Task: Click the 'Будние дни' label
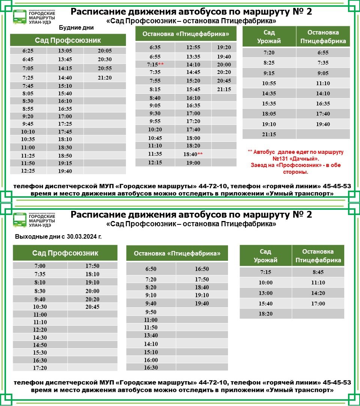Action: (x=76, y=28)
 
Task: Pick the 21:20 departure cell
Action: (x=105, y=78)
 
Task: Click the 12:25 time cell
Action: (x=28, y=171)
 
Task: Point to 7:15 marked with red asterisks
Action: (x=155, y=65)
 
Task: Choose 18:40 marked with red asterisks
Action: (x=193, y=154)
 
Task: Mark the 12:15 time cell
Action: (x=155, y=163)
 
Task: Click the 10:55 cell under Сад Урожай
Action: (x=269, y=83)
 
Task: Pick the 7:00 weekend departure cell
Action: (x=40, y=266)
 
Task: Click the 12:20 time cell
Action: (x=40, y=330)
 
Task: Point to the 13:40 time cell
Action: (x=151, y=335)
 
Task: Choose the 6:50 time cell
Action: (x=151, y=269)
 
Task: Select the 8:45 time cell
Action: (x=318, y=272)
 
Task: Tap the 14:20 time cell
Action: (x=318, y=293)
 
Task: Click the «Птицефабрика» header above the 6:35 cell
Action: (x=186, y=34)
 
